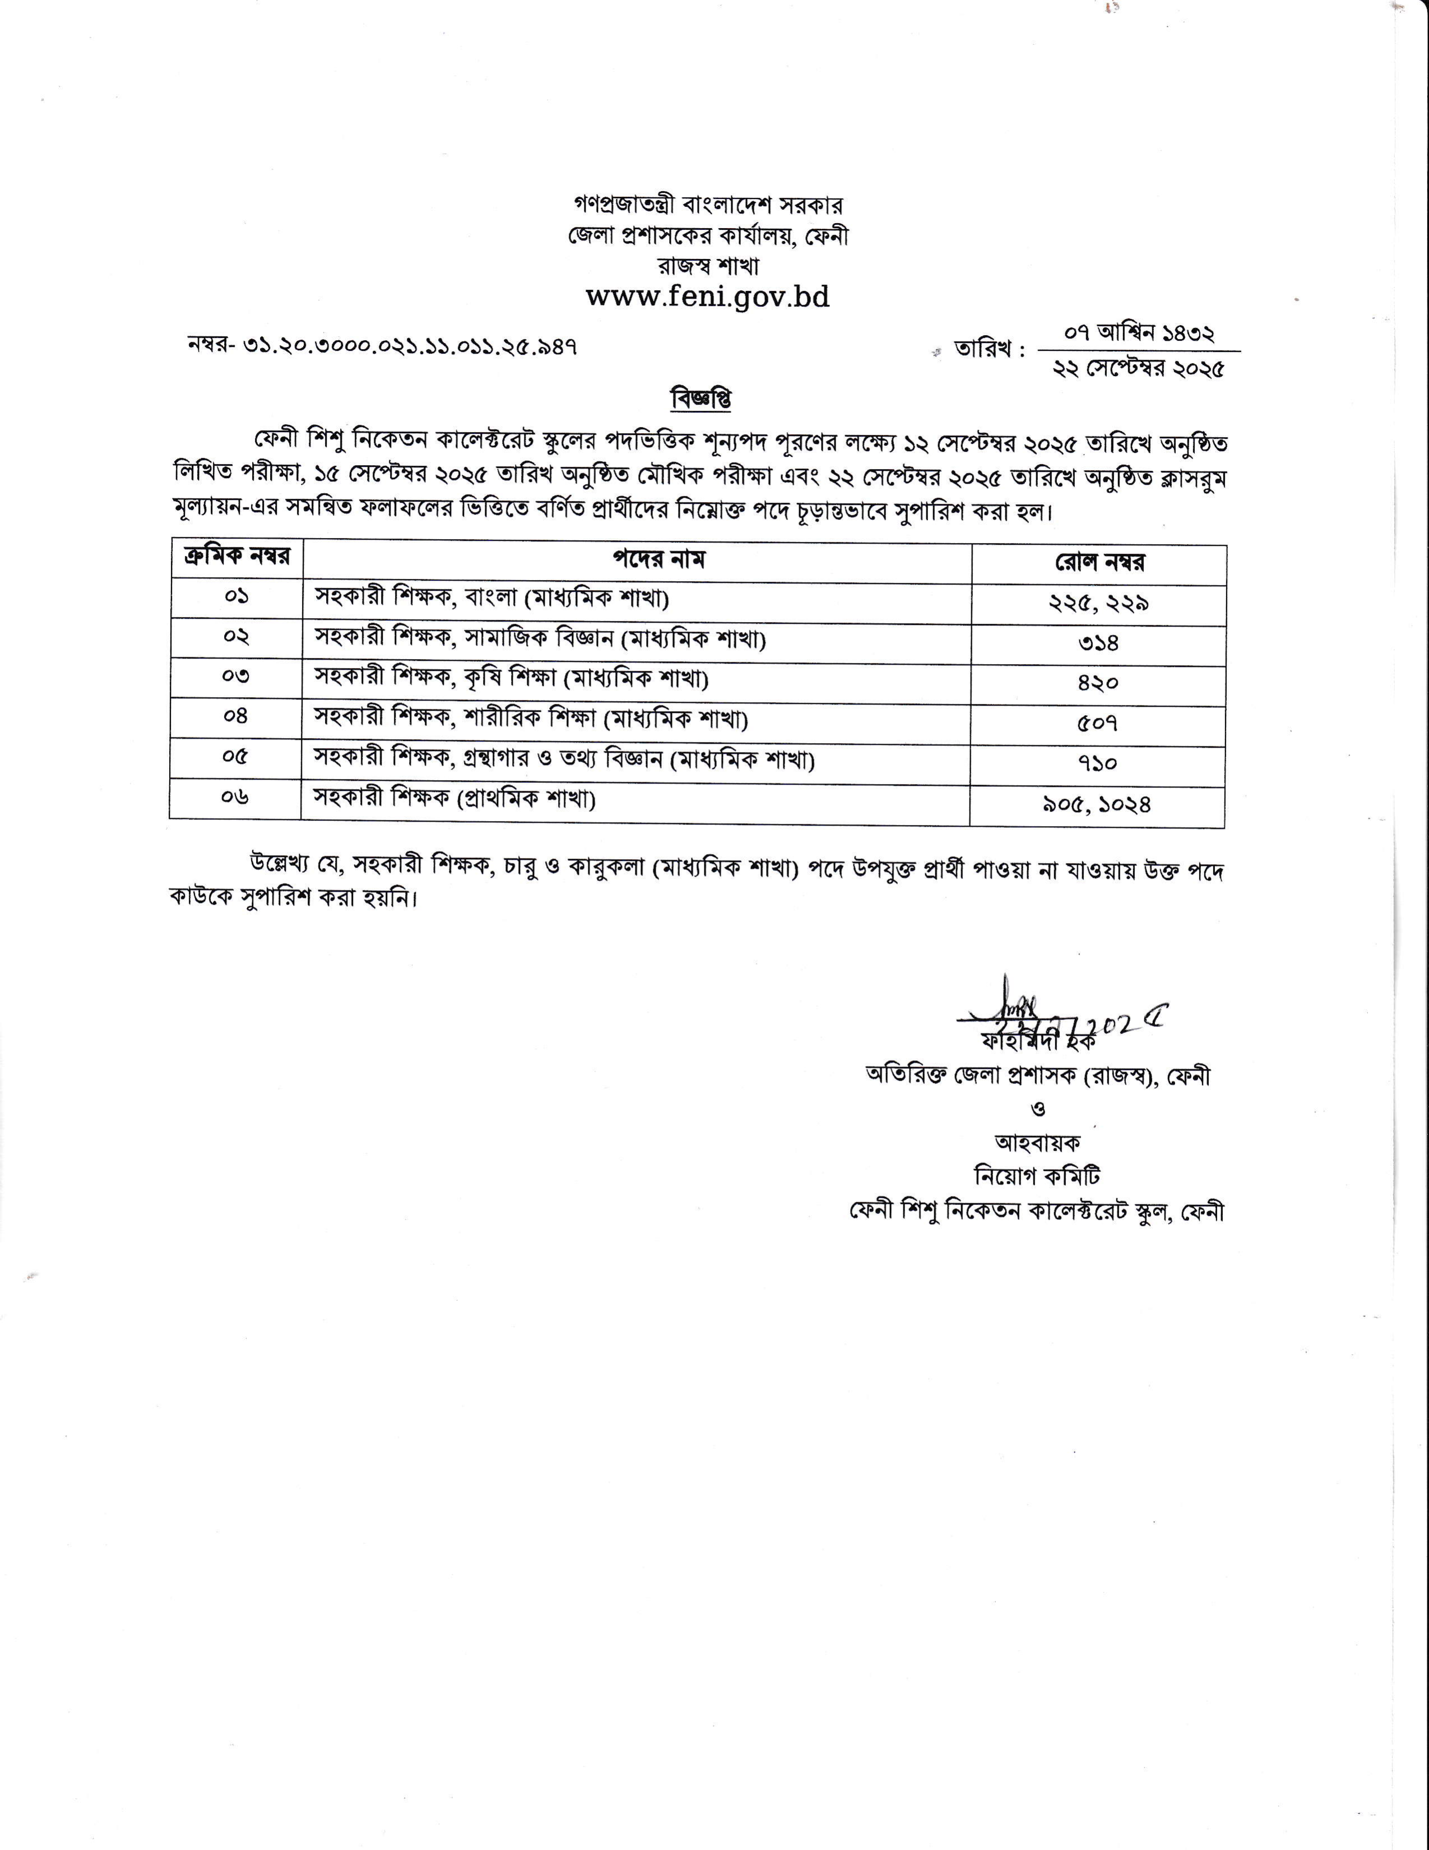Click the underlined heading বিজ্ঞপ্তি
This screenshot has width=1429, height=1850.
point(700,398)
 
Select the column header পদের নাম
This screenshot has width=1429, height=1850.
point(659,559)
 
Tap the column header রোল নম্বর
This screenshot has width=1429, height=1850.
point(1099,563)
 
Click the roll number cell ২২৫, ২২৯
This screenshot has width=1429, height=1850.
point(1098,603)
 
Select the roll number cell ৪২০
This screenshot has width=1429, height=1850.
point(1098,683)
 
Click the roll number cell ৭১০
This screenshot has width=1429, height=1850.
point(1098,763)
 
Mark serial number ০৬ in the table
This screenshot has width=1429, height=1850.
point(235,796)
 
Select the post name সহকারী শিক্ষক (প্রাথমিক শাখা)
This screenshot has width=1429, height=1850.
point(455,798)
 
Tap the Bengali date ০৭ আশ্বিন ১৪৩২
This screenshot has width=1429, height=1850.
point(1139,334)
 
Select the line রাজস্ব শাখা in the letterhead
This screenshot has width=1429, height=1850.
point(708,266)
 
